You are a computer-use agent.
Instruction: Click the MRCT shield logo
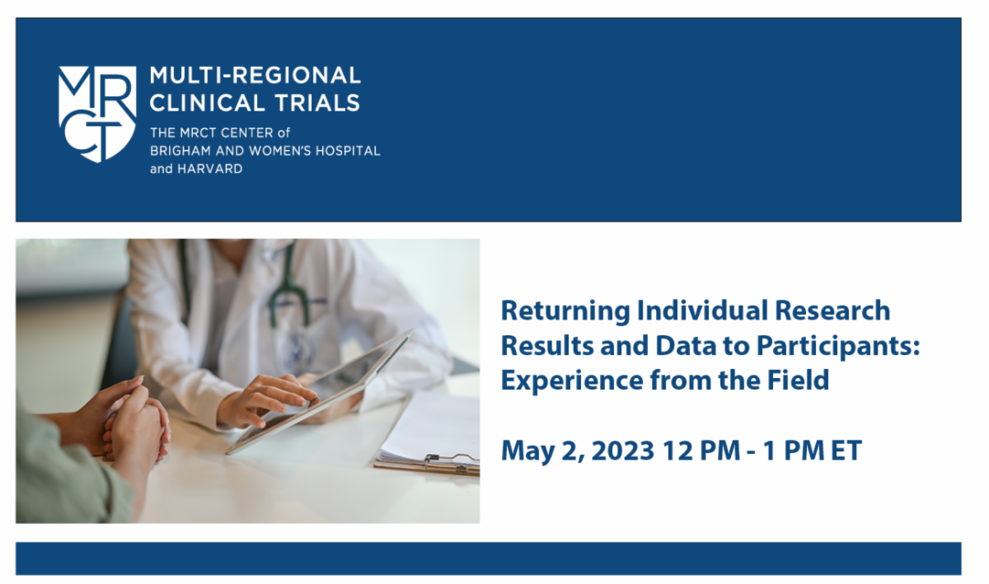(x=97, y=114)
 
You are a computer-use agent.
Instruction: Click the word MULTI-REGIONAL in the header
(x=255, y=76)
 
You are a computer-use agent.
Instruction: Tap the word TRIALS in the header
(x=317, y=103)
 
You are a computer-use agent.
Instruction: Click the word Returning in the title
(x=565, y=311)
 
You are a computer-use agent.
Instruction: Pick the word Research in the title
(x=832, y=310)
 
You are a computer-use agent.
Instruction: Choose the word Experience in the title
(x=572, y=381)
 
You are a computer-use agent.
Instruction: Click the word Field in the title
(x=798, y=380)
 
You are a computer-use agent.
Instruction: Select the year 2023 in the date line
(x=622, y=451)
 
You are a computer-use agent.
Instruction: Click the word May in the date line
(x=527, y=452)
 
